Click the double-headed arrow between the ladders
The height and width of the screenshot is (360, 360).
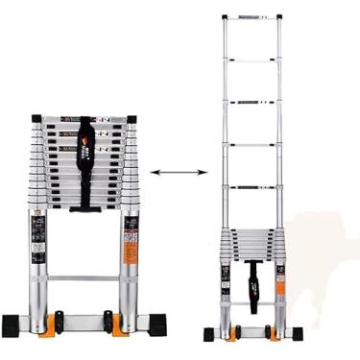(180, 174)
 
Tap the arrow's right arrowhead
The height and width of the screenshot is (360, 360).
(204, 174)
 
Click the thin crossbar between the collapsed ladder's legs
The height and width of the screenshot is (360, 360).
(84, 278)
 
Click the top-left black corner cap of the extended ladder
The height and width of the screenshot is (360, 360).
(226, 17)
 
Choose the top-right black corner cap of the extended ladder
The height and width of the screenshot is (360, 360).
(280, 17)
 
